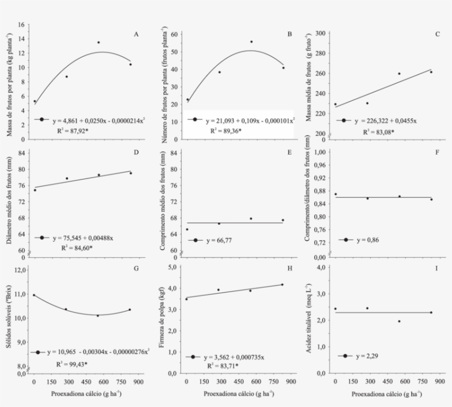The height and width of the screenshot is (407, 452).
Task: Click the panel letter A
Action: point(136,34)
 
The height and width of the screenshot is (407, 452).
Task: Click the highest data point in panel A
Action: point(99,43)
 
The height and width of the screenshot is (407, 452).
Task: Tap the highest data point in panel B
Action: point(251,41)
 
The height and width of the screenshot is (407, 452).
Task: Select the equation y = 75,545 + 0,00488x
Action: point(83,238)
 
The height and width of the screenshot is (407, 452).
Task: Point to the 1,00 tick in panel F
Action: point(320,152)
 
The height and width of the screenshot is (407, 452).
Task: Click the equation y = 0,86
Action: point(368,240)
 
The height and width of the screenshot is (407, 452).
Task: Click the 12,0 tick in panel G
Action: point(19,269)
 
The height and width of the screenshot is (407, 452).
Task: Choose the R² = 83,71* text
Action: point(224,366)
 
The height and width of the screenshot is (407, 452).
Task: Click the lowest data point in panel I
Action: point(400,321)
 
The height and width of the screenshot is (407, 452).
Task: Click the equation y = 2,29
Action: point(368,356)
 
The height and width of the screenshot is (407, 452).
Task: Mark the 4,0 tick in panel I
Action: point(323,268)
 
